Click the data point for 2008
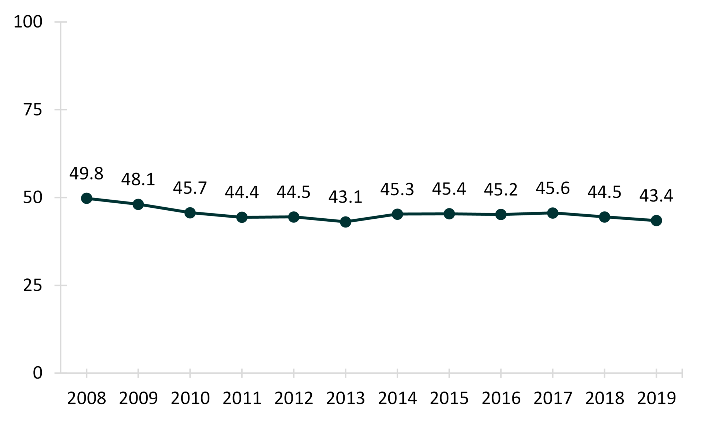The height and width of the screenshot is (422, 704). [x=87, y=198]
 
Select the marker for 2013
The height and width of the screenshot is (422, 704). [x=345, y=222]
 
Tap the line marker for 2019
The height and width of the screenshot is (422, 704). [x=656, y=221]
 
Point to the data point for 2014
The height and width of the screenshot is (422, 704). [x=397, y=214]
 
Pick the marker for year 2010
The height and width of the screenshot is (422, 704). [x=190, y=212]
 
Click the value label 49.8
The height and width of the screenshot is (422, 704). [x=87, y=173]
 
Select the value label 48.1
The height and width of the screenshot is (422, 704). [x=138, y=179]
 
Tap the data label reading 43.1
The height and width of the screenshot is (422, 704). [x=345, y=197]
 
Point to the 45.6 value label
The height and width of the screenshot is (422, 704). [x=553, y=188]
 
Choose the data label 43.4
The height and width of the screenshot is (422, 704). [x=656, y=196]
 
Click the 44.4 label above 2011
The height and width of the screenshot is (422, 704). [x=242, y=192]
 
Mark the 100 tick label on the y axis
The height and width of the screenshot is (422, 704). [x=28, y=22]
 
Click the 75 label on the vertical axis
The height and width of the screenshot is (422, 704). [x=33, y=110]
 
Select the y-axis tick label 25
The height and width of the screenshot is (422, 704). [x=33, y=285]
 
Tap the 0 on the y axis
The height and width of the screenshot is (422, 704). [x=38, y=373]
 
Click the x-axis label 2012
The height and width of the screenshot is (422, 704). [x=294, y=398]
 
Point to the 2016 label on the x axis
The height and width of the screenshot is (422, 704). [x=501, y=398]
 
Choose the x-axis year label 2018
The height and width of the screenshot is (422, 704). [x=604, y=398]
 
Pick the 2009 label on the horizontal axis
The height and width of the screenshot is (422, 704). [x=138, y=398]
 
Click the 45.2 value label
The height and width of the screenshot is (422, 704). [x=501, y=190]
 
